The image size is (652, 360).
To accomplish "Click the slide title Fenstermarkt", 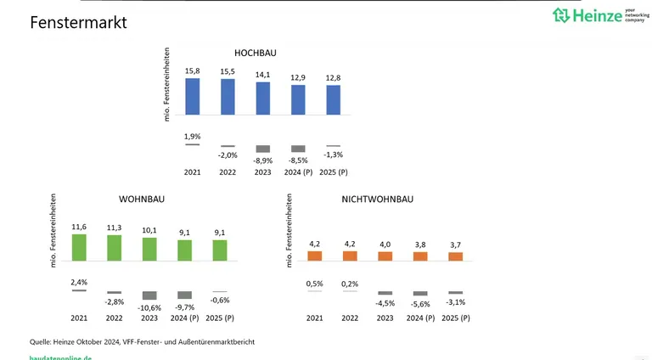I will pyautogui.click(x=78, y=23).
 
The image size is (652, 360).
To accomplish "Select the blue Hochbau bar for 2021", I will pyautogui.click(x=193, y=96).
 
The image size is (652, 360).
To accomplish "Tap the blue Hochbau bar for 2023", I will pyautogui.click(x=263, y=98).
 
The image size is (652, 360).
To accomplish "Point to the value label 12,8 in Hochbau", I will pyautogui.click(x=334, y=78).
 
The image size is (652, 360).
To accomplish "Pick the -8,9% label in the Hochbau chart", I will pyautogui.click(x=263, y=160).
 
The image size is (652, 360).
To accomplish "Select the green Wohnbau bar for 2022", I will pyautogui.click(x=115, y=247).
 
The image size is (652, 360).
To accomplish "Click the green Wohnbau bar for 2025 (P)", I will pyautogui.click(x=220, y=250).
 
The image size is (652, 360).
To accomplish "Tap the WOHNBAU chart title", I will pyautogui.click(x=142, y=199).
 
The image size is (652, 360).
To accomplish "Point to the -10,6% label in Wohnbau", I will pyautogui.click(x=149, y=307).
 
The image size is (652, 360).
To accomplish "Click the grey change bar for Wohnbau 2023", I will pyautogui.click(x=149, y=295).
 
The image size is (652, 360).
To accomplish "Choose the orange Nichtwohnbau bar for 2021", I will pyautogui.click(x=314, y=255).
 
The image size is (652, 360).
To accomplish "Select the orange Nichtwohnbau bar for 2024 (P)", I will pyautogui.click(x=420, y=256).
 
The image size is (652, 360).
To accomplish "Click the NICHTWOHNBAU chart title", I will pyautogui.click(x=377, y=199).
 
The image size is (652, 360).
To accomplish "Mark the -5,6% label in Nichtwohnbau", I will pyautogui.click(x=420, y=305).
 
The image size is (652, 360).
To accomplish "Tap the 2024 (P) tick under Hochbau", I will pyautogui.click(x=298, y=172).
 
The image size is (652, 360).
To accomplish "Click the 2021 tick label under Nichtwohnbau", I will pyautogui.click(x=314, y=318).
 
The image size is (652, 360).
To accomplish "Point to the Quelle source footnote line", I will pyautogui.click(x=143, y=341).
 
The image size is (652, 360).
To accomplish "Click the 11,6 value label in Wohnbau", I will pyautogui.click(x=79, y=227).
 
